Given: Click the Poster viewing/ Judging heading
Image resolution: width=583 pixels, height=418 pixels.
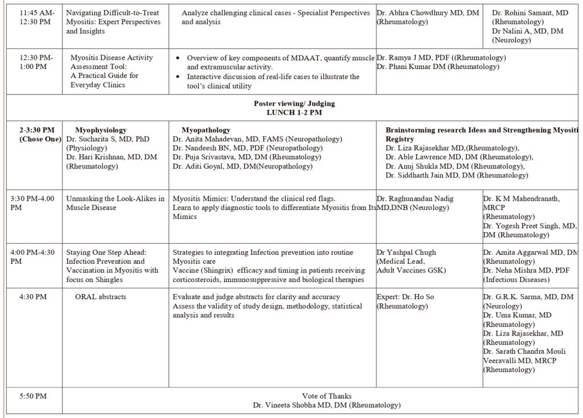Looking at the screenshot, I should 294,103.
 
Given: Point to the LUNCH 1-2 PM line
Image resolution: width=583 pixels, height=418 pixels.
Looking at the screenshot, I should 294,112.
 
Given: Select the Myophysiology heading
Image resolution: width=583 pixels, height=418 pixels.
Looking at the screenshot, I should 101,130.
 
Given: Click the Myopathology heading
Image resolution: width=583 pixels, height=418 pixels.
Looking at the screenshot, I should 206,130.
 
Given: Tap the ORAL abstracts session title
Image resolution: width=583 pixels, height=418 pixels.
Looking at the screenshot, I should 101,296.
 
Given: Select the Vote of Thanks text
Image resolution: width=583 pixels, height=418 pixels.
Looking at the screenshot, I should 326,396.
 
